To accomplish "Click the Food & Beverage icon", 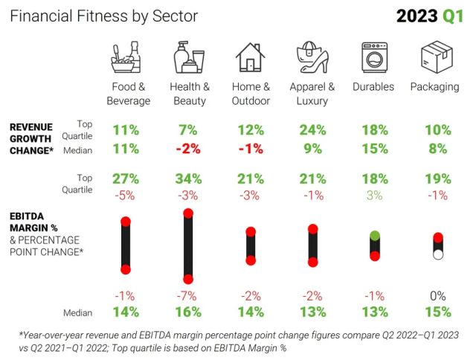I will coord(126,58).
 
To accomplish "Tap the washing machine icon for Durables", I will coord(374,58).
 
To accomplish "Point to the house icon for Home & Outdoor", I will coord(251,58).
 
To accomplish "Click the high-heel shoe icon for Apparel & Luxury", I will coord(312,58).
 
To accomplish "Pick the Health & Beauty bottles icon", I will coord(189,58).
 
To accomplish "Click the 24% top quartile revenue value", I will coord(313,130).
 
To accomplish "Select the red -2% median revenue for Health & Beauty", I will coord(189,148).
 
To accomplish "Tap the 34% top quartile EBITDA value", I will coord(189,179).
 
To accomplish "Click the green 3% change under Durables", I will coord(375,195).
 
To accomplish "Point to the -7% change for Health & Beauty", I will coord(189,297).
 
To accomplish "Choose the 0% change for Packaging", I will coord(437,297).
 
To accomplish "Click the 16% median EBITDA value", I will coord(189,313).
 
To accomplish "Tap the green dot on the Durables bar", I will coord(375,236).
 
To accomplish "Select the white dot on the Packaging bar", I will coord(438,254).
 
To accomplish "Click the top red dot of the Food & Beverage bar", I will coord(126,222).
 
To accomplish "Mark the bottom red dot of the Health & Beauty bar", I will coord(189,279).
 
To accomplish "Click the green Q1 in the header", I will coord(451,16).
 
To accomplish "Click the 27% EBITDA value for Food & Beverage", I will coord(126,179).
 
